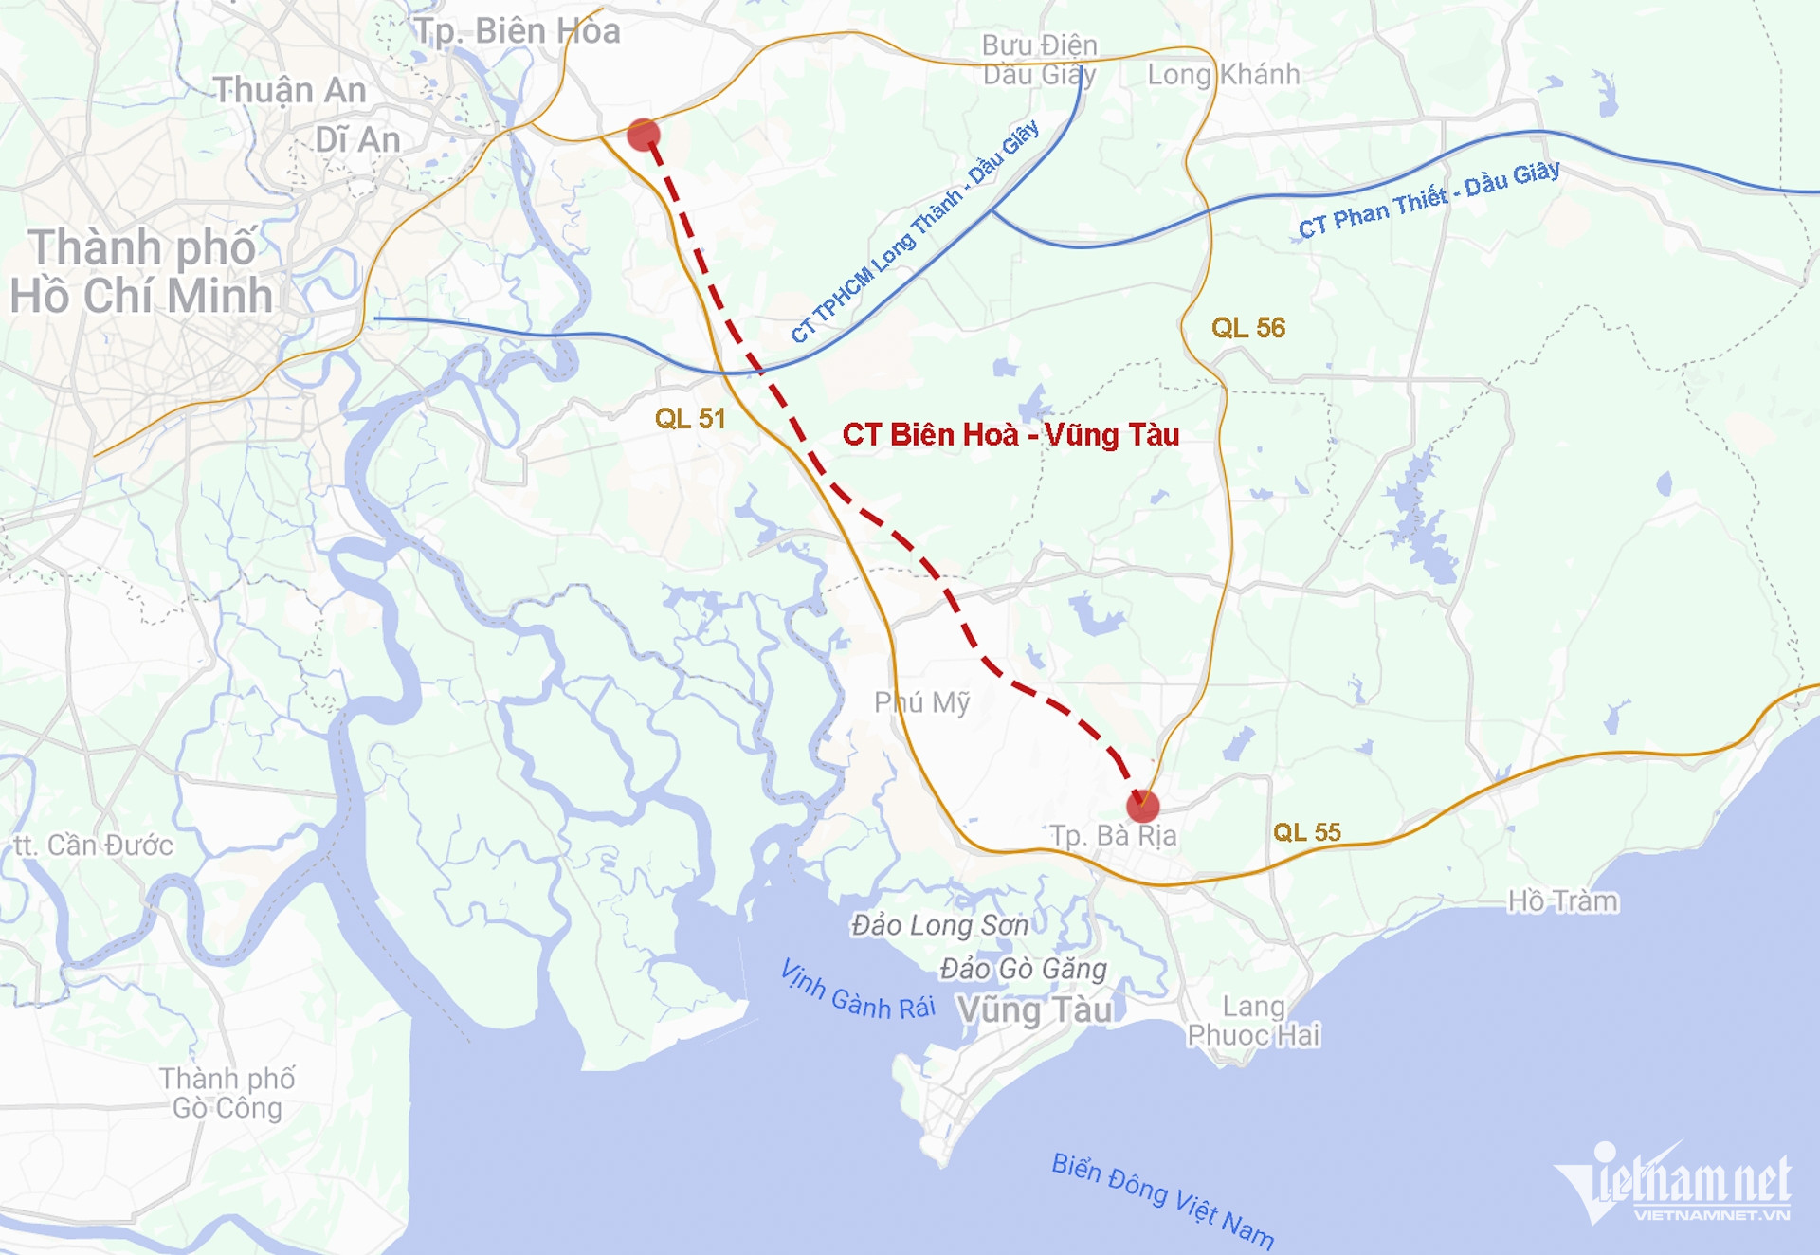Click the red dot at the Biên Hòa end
(x=644, y=135)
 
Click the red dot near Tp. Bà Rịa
(x=1142, y=806)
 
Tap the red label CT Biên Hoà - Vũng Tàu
(x=1010, y=435)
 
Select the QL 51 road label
(x=690, y=419)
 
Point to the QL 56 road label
(x=1248, y=328)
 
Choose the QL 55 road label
(x=1306, y=832)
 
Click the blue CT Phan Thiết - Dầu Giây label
(x=1429, y=200)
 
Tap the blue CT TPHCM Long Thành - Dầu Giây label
(x=915, y=231)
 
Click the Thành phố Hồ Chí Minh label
(x=142, y=271)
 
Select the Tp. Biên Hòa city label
(x=518, y=31)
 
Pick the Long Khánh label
(x=1223, y=74)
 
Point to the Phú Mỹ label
(x=921, y=702)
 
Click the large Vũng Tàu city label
(x=1034, y=1010)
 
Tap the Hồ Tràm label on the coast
(x=1562, y=900)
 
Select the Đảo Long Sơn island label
(x=939, y=925)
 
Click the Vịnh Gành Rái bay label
(x=857, y=991)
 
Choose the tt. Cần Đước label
(x=93, y=845)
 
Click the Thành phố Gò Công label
(x=227, y=1093)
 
